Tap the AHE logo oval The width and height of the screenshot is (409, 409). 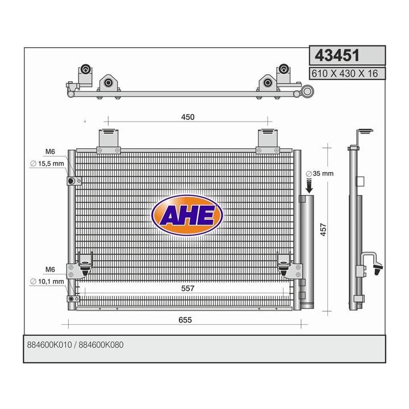pyautogui.click(x=187, y=215)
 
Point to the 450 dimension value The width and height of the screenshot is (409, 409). pyautogui.click(x=187, y=118)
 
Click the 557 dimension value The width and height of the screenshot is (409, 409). pyautogui.click(x=188, y=289)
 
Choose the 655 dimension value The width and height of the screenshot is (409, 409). pyautogui.click(x=185, y=320)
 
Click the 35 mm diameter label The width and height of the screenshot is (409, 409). pyautogui.click(x=319, y=174)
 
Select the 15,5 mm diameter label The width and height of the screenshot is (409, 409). pyautogui.click(x=49, y=164)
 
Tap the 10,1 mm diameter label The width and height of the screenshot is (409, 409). pyautogui.click(x=49, y=281)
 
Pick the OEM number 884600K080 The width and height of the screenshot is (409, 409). pyautogui.click(x=102, y=345)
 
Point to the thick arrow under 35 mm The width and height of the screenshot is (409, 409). pyautogui.click(x=309, y=185)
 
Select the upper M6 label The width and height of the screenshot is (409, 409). pyautogui.click(x=50, y=152)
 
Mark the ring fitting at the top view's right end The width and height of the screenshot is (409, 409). pyautogui.click(x=307, y=91)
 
